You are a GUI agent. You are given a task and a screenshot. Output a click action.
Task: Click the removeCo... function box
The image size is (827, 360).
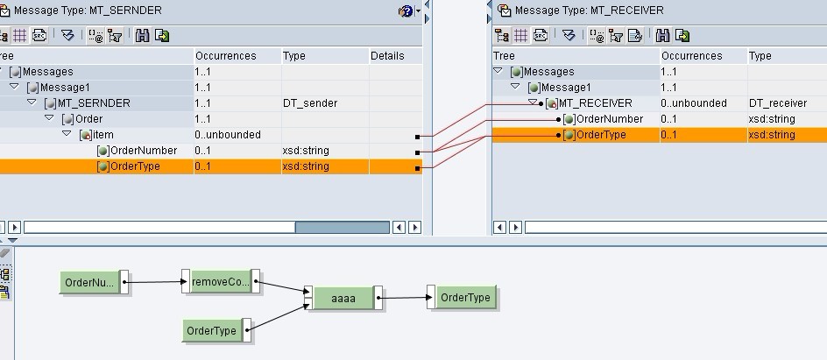[x=220, y=282]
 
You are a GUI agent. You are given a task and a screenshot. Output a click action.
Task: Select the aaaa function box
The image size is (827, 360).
[x=343, y=298]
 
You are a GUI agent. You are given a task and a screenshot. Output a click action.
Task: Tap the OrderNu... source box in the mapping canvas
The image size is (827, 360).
[x=90, y=282]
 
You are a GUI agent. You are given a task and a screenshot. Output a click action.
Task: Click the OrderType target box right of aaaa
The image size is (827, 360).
[x=464, y=297]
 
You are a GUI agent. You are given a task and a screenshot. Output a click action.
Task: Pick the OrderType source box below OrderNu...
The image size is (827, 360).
[x=212, y=330]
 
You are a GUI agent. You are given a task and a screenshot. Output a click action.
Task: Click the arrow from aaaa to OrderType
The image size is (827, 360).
[x=404, y=298]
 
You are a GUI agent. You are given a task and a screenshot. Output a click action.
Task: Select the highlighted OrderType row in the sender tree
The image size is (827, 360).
[x=135, y=166]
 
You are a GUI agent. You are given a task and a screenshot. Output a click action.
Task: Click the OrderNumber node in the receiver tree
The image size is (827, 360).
[x=610, y=119]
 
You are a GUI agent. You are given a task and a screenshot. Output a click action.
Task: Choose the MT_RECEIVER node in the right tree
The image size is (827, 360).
[x=595, y=103]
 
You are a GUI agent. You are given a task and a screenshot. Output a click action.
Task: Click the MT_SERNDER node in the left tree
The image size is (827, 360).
[x=94, y=103]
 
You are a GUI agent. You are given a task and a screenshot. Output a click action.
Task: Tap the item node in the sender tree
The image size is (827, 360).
[x=102, y=135]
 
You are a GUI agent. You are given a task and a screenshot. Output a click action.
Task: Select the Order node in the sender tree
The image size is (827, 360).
[x=88, y=119]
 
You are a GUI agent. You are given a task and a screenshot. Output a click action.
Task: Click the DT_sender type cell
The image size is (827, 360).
[x=310, y=103]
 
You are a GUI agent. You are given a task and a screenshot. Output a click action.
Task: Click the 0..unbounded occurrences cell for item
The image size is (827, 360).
[x=228, y=135]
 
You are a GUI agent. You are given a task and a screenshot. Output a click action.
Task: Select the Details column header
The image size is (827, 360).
[x=387, y=56]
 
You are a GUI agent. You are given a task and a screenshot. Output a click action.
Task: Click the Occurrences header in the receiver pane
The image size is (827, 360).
[x=691, y=56]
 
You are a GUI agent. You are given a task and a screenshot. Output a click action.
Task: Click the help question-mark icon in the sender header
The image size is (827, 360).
[x=404, y=11]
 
